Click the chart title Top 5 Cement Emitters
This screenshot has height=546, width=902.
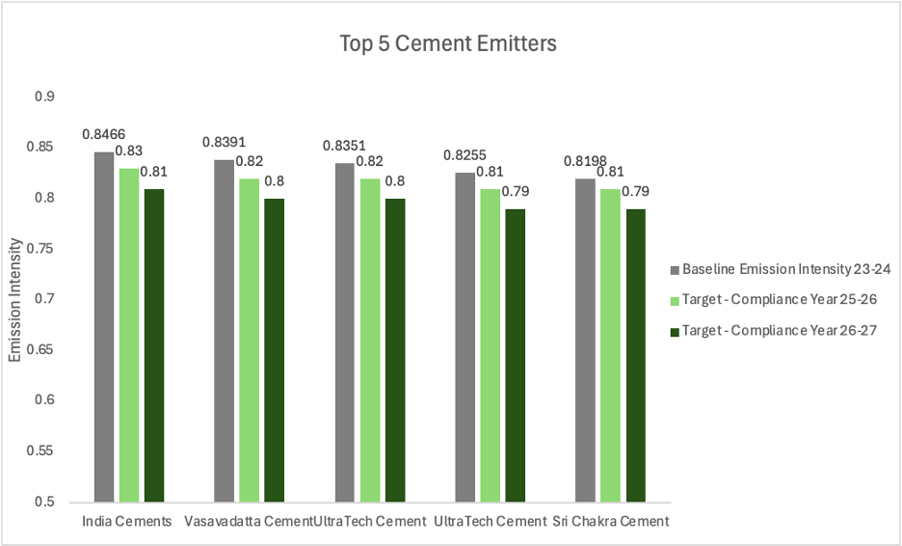coord(448,43)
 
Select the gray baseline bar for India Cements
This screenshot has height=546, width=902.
coord(103,328)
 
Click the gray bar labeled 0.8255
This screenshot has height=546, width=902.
coord(464,338)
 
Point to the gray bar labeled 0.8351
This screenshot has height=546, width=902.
coord(344,333)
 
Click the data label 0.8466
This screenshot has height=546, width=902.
coord(103,134)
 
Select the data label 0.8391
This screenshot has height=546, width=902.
coord(224,142)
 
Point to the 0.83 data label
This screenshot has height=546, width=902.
coord(128,150)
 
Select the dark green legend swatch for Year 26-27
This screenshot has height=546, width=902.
coord(675,331)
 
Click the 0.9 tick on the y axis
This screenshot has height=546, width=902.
coord(45,96)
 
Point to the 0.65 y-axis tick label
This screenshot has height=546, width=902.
coord(42,350)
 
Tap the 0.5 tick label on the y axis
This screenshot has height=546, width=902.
coord(45,503)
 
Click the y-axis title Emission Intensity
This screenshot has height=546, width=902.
coord(14,300)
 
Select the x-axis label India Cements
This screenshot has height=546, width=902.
coord(127,522)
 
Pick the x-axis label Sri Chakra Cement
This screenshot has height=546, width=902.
coord(611,522)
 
